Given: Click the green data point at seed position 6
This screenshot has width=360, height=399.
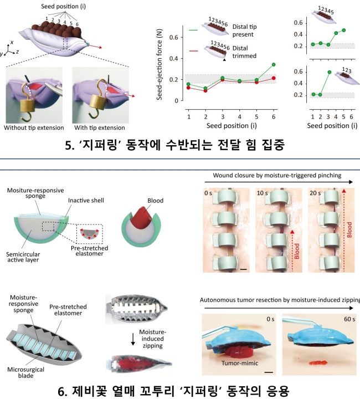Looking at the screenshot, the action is pyautogui.click(x=274, y=65).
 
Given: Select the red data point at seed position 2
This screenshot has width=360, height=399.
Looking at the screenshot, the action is pyautogui.click(x=205, y=90).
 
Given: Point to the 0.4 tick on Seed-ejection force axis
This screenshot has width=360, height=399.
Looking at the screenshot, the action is pyautogui.click(x=174, y=59).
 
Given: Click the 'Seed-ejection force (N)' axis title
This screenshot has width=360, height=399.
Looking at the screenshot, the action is pyautogui.click(x=160, y=64).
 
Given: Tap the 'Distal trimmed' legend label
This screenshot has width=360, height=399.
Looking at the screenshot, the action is pyautogui.click(x=244, y=52).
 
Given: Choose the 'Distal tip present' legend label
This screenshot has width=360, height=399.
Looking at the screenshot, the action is pyautogui.click(x=245, y=30).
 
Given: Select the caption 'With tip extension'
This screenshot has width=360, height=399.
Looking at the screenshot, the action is pyautogui.click(x=99, y=127).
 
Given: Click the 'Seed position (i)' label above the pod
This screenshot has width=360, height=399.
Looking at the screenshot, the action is pyautogui.click(x=63, y=6).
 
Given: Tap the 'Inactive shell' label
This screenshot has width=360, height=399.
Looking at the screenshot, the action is pyautogui.click(x=86, y=201).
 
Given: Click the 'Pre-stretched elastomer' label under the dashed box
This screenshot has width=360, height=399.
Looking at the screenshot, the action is pyautogui.click(x=89, y=250).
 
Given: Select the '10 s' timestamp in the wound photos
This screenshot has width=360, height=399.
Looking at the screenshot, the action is pyautogui.click(x=262, y=193).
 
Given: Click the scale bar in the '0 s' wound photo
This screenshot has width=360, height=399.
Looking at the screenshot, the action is pyautogui.click(x=243, y=269).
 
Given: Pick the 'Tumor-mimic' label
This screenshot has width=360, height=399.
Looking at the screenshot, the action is pyautogui.click(x=240, y=363).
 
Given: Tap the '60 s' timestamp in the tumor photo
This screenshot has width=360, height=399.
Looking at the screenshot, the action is pyautogui.click(x=349, y=319).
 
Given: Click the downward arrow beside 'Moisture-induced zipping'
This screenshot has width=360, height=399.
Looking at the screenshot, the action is pyautogui.click(x=133, y=339).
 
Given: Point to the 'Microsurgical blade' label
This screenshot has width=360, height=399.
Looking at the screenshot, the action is pyautogui.click(x=25, y=372).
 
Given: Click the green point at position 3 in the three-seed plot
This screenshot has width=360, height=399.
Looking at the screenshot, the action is pyautogui.click(x=330, y=72).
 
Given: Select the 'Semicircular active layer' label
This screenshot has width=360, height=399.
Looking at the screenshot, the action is pyautogui.click(x=23, y=257).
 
